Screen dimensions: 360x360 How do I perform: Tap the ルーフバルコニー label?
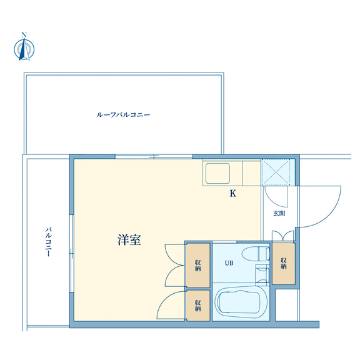coord(123,114)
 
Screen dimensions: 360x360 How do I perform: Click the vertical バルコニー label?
coord(48,242)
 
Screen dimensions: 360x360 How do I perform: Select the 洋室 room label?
coord(129,240)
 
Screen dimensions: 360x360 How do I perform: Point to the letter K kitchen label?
coord(233,194)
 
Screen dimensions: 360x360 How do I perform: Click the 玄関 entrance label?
coord(279,213)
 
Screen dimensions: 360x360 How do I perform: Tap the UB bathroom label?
coord(229,263)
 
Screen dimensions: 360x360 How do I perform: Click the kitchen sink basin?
coord(217,173)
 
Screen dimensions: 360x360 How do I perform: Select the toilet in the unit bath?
coord(256,254)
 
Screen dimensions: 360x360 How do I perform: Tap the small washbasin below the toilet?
coord(262,274)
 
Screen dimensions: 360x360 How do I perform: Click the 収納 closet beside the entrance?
coord(284,263)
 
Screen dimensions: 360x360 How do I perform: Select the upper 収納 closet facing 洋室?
coord(197,265)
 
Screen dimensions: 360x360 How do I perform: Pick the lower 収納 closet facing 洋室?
coord(197,306)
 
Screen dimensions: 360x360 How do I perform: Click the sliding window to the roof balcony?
coord(154,157)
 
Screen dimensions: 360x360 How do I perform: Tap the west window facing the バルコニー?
coord(72,254)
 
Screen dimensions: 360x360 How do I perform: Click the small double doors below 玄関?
coord(283,236)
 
